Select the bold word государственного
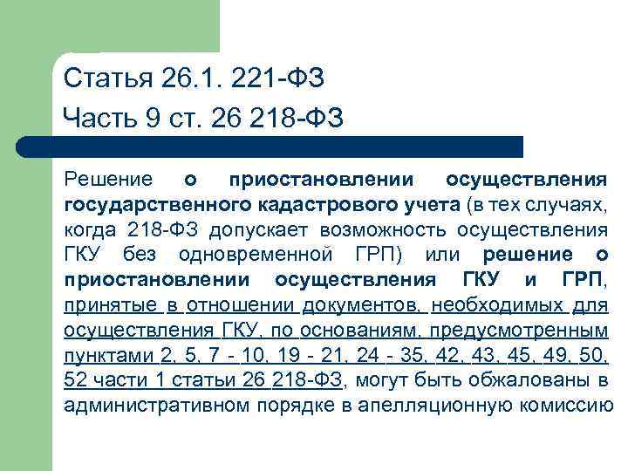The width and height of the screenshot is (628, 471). [157, 205]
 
